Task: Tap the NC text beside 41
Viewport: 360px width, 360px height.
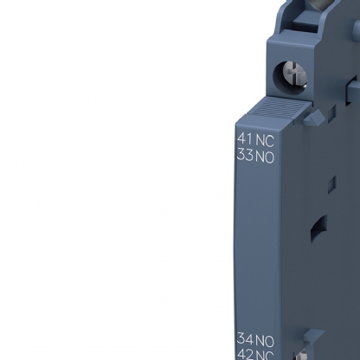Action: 262,138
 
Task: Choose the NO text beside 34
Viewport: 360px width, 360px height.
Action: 263,340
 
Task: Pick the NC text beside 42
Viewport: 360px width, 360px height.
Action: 263,355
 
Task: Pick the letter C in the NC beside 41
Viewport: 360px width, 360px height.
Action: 267,138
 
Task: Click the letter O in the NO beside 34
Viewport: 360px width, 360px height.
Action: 268,340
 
